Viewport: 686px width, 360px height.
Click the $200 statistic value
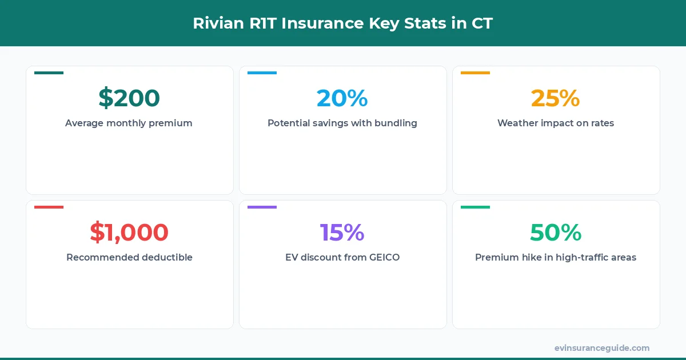pos(129,98)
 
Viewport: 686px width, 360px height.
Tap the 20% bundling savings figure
pos(342,98)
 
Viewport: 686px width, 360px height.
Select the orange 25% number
pos(556,98)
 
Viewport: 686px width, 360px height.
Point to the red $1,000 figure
pos(129,233)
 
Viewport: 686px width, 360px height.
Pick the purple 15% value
pos(342,233)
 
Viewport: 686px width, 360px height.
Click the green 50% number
pos(556,233)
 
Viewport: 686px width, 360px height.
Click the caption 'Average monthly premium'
pos(129,123)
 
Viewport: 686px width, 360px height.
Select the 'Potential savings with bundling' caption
pos(342,123)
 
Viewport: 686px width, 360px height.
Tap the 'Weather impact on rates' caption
pos(556,123)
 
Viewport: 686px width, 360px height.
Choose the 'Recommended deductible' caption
pos(129,257)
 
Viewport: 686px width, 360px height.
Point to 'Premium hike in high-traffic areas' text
pos(556,257)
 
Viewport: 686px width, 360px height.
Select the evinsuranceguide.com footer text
pos(602,347)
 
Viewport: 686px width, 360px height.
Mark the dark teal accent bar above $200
pos(49,73)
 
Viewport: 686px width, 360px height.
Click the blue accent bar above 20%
pos(262,73)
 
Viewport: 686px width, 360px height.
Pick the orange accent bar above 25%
pos(475,73)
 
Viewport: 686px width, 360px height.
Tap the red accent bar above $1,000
pos(49,207)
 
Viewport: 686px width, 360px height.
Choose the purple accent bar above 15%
pos(262,207)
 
